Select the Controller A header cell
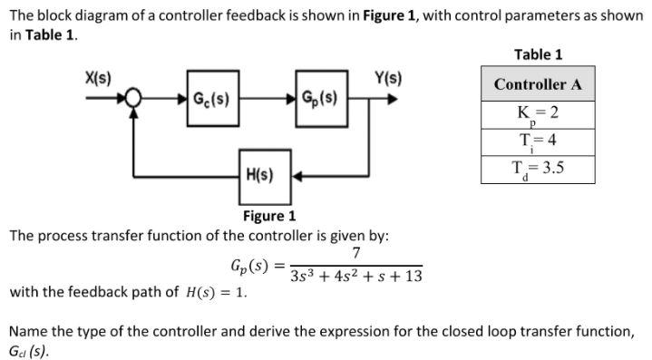[538, 84]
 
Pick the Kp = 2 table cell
[538, 115]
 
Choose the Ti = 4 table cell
[538, 142]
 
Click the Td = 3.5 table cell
[538, 170]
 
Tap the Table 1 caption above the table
[538, 54]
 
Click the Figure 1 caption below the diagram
[269, 216]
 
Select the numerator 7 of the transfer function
[356, 253]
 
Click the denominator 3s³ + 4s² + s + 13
[356, 276]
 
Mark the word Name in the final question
[30, 331]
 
